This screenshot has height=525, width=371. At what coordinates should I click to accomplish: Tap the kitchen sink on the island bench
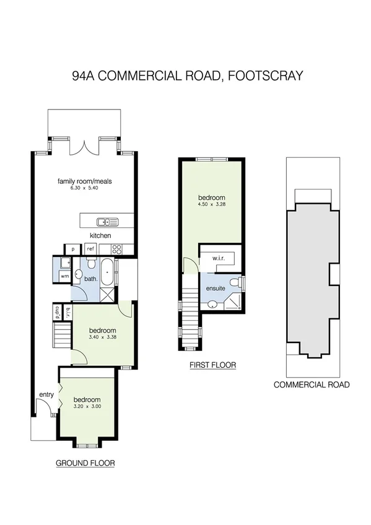[107, 222]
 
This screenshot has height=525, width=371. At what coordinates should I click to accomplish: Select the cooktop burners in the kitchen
[116, 249]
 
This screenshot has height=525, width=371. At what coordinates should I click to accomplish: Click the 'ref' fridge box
[90, 249]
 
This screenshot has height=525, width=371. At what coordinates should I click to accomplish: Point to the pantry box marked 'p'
[72, 249]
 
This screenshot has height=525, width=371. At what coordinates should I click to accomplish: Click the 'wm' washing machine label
[64, 276]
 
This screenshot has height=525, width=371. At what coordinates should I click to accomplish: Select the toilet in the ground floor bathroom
[79, 274]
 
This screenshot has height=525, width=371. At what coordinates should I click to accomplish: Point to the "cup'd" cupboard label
[57, 311]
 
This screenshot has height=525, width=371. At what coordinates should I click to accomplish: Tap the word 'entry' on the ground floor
[46, 394]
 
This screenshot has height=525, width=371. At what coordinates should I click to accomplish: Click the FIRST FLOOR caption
[212, 365]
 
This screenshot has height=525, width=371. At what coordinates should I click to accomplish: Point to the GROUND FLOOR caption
[85, 462]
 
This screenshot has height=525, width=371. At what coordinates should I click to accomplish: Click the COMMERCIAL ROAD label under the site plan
[312, 384]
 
